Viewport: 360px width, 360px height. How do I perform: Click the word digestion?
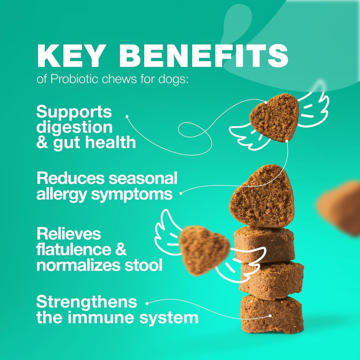coord(74,127)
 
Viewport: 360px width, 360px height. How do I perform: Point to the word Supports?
coord(74,111)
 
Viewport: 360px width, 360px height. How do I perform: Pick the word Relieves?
coord(69,234)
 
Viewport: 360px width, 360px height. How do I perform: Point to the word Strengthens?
coord(86,302)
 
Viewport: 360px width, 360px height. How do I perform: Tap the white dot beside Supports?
coord(127,116)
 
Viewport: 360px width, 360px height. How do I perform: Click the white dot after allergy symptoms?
coord(181,193)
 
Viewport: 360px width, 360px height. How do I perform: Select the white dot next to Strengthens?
coord(147,302)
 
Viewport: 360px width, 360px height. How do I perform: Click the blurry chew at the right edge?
coord(339,207)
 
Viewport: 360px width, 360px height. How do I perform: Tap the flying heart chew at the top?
coord(275,117)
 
